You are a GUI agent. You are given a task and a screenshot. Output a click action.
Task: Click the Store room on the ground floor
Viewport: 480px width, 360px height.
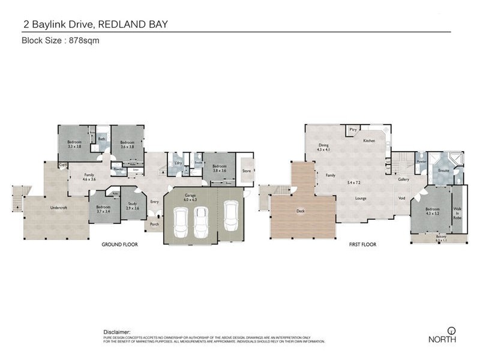246,171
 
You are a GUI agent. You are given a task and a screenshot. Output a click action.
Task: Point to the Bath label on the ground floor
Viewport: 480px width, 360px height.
101,139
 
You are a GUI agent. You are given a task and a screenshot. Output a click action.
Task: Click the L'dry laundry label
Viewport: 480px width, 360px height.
178,163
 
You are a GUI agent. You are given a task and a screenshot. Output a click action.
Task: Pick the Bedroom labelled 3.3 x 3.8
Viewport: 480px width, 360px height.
74,144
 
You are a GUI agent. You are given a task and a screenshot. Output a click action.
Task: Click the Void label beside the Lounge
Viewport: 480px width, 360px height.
401,198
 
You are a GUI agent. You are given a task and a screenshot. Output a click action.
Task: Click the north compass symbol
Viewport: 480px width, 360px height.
450,331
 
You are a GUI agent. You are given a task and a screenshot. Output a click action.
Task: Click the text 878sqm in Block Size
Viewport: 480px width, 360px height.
84,41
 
